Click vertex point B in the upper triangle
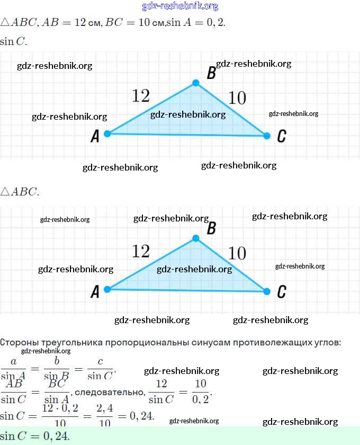196,83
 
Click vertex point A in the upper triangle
107,133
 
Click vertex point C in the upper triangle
266,136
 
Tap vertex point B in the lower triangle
196,238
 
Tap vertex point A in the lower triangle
107,289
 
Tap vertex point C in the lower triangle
266,291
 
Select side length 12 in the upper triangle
141,96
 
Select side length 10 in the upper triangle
237,98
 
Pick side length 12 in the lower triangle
141,251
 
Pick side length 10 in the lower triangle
237,254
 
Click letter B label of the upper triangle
211,74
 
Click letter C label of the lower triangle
282,291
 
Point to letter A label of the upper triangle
95,137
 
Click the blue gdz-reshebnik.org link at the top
180,6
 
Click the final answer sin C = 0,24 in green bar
35,436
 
